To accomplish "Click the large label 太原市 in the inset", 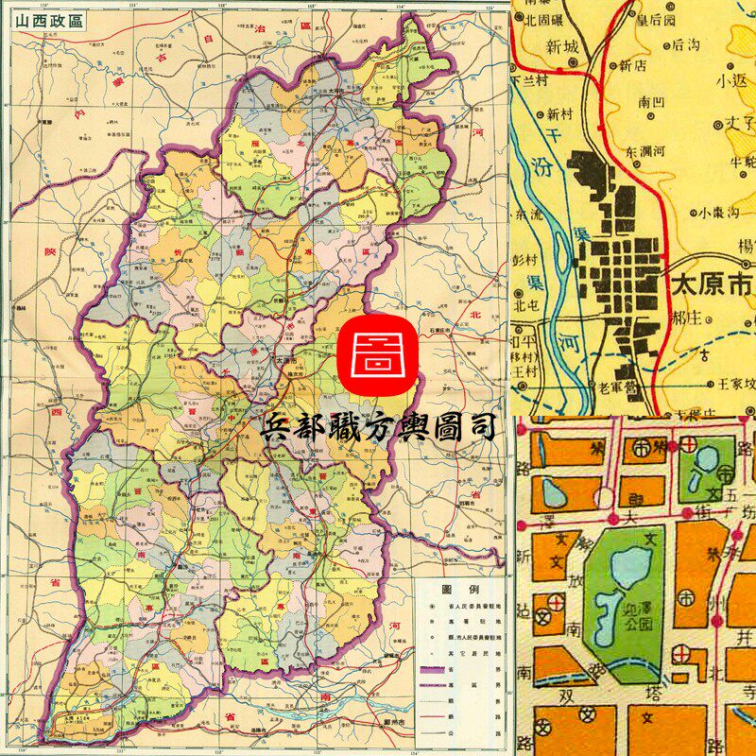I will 712,283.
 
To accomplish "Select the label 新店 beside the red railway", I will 638,66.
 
